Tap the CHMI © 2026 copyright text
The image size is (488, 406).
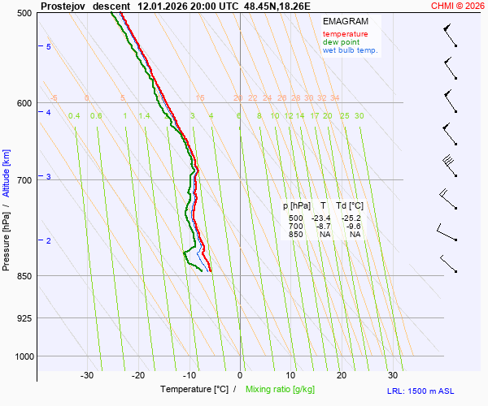459,6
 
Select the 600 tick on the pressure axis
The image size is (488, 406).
23,103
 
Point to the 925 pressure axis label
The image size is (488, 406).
23,318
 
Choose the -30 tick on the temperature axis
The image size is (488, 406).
87,375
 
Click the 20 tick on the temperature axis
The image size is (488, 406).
342,375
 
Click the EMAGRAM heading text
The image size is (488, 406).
345,20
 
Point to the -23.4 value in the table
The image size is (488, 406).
320,218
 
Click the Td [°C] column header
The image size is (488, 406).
352,206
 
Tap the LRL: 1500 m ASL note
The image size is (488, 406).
438,391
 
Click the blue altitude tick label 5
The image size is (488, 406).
49,47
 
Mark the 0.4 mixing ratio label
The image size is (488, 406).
74,116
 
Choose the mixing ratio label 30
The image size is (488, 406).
359,116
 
